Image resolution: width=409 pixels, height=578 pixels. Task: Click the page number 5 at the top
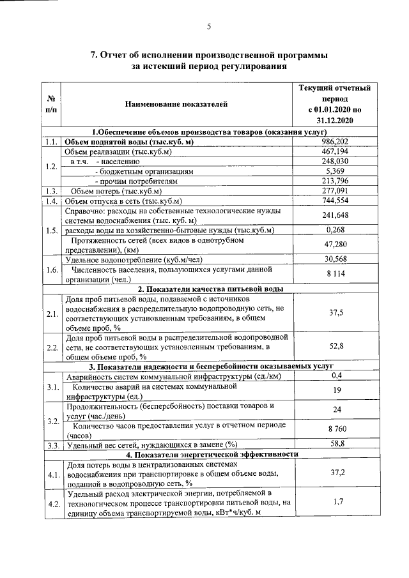click(208, 26)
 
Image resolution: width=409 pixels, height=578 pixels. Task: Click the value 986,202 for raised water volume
click(335, 142)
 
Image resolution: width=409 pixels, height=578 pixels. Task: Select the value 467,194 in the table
click(335, 152)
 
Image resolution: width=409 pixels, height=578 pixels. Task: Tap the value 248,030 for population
click(335, 162)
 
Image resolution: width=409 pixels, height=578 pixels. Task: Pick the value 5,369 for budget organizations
click(335, 171)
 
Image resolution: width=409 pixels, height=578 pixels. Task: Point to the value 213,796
click(335, 181)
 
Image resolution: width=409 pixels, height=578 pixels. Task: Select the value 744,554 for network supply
click(335, 201)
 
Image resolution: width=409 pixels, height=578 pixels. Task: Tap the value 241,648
click(335, 215)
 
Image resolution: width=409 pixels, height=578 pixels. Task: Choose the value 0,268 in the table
click(335, 229)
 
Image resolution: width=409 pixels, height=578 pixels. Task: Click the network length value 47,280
click(335, 244)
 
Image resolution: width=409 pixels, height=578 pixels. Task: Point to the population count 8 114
click(335, 273)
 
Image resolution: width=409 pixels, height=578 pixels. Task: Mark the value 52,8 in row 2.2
click(335, 346)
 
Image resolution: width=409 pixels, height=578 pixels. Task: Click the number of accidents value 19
click(335, 390)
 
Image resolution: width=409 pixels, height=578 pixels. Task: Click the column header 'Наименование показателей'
click(176, 103)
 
